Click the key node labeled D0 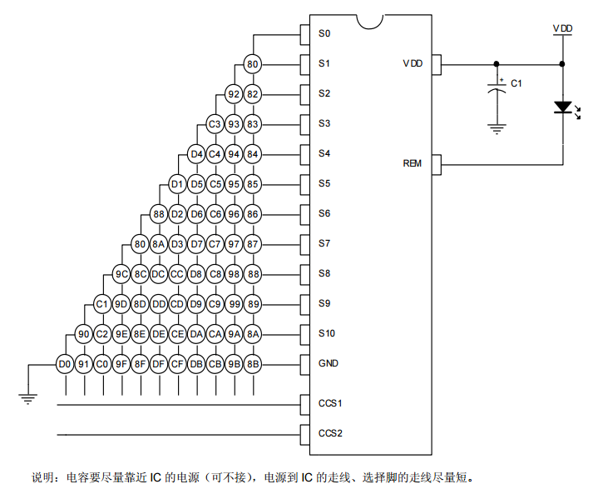click(64, 363)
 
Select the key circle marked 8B click(254, 363)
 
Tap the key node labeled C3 click(214, 124)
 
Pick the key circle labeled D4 click(196, 154)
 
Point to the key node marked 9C click(121, 274)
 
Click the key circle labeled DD click(159, 304)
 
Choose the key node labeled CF click(177, 363)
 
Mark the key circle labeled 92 click(234, 94)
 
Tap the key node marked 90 click(83, 334)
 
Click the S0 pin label click(324, 34)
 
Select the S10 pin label click(327, 333)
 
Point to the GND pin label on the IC click(329, 363)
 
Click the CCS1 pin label click(331, 403)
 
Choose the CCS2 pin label click(331, 433)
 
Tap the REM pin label click(413, 163)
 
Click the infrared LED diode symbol click(563, 107)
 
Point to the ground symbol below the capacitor click(497, 128)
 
